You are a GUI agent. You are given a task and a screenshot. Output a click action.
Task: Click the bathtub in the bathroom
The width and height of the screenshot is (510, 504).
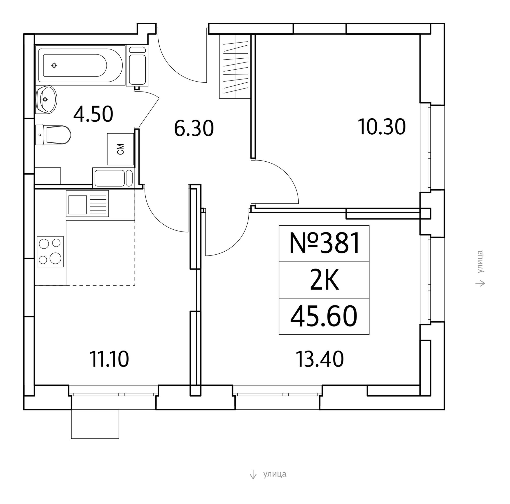point(81,66)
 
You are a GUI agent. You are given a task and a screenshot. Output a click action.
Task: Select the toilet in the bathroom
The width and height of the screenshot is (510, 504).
point(53,135)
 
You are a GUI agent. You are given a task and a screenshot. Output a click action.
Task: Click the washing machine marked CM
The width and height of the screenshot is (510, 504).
point(120,149)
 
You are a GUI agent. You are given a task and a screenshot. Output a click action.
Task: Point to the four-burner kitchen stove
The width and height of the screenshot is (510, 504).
point(50,251)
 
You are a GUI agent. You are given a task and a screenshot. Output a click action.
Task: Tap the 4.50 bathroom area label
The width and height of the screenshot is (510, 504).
point(93,114)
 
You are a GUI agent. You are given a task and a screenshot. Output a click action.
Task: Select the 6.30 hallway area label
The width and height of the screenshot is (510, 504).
point(194,128)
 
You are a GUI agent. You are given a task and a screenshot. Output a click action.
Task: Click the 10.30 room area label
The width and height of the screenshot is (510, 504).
point(382,127)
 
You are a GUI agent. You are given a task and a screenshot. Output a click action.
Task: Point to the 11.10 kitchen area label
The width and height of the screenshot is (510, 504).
point(109,359)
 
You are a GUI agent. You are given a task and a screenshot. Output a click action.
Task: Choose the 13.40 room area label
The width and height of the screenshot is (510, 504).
point(320,359)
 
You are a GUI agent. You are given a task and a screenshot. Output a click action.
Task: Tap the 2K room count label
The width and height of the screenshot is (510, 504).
point(324,280)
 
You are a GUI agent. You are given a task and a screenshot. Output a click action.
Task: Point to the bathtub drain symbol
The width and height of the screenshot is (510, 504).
point(54,66)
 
